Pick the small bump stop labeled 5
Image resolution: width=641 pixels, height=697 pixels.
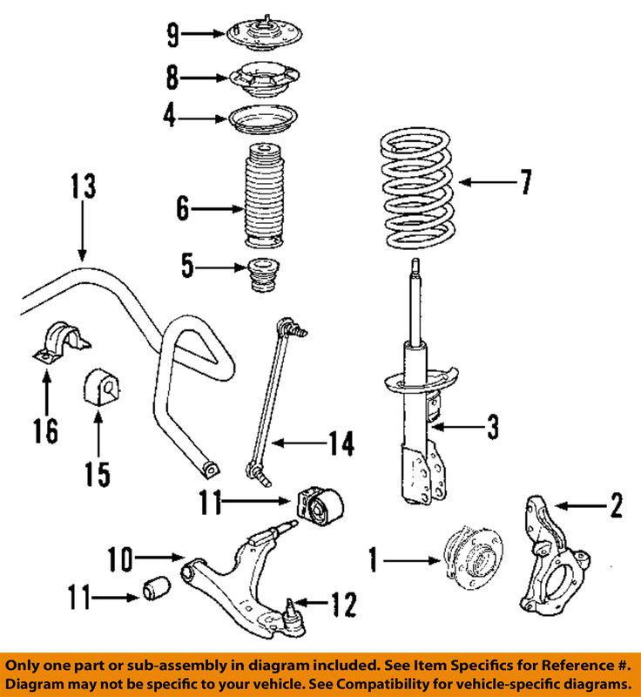tap(259, 276)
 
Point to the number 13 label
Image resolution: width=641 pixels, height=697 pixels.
tap(82, 186)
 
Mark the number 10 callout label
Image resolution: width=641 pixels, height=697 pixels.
tap(119, 556)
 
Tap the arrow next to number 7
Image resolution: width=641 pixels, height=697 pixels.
tap(482, 182)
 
